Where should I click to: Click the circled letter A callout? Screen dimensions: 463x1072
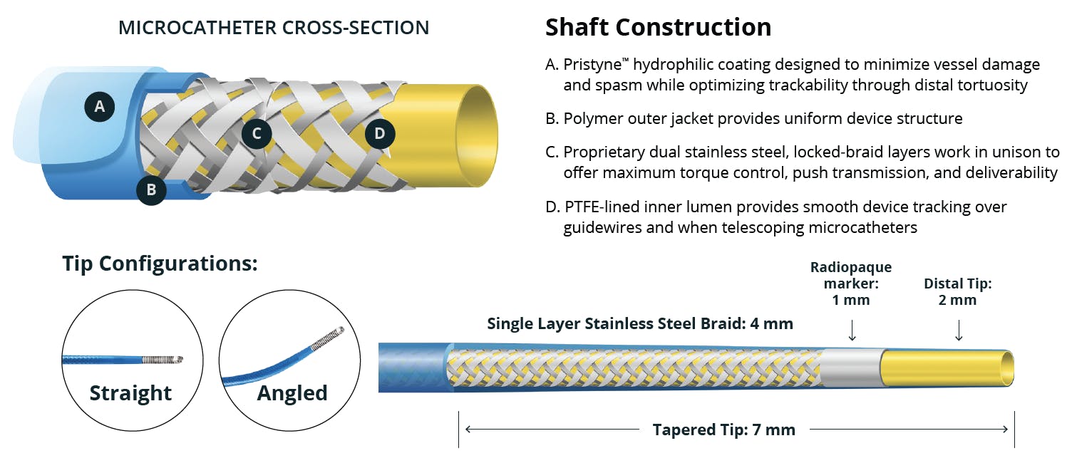pos(99,106)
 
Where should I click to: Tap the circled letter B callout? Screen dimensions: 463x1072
pos(151,189)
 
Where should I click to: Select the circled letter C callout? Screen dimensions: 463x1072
pos(256,133)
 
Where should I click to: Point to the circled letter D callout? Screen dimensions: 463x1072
pos(380,133)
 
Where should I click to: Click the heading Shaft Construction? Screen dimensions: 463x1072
pos(658,27)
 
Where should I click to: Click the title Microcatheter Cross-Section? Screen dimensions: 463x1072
pos(274,28)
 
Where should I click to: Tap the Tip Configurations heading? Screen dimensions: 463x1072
pos(160,263)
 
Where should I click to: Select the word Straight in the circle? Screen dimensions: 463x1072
pos(130,393)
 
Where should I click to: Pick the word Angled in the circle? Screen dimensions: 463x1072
pos(292,393)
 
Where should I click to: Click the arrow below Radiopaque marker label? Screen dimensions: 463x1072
pos(851,330)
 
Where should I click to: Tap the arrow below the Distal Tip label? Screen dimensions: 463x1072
pos(958,330)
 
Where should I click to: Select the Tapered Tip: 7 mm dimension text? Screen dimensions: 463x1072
pos(723,430)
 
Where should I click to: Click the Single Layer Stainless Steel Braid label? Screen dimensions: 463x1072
pos(639,323)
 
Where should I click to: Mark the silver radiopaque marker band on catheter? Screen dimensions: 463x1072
pos(851,368)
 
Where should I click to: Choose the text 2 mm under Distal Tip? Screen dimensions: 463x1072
pos(957,300)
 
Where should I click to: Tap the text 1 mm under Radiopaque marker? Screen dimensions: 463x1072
pos(851,300)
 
